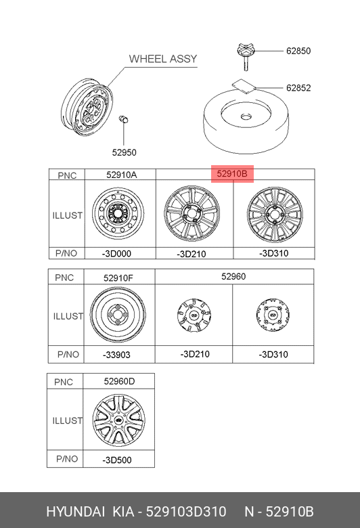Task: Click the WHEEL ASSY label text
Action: pos(163,59)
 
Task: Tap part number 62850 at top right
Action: pos(298,51)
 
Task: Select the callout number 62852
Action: pos(298,88)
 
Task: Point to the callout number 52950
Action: pos(125,152)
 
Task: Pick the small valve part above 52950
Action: pos(124,120)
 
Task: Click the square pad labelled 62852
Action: pos(244,85)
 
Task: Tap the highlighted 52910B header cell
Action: pos(232,174)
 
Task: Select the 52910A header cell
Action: pos(120,175)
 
